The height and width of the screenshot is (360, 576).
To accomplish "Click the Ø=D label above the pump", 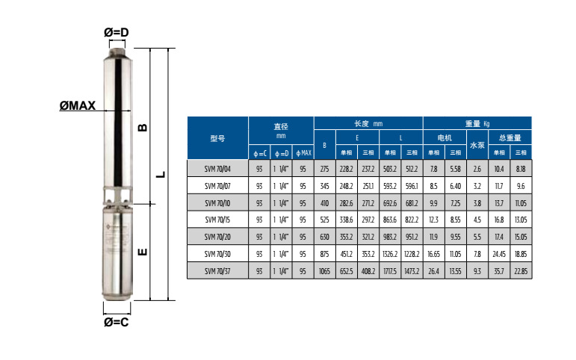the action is (x=116, y=32).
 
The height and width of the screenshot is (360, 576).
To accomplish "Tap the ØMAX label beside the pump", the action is (x=78, y=106).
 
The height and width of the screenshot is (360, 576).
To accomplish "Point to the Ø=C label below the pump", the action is (x=116, y=322).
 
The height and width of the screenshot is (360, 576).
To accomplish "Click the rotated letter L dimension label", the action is (x=161, y=175).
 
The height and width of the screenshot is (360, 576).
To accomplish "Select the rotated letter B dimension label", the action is (x=143, y=128).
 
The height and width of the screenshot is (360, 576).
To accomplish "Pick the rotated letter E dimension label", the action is (x=143, y=252).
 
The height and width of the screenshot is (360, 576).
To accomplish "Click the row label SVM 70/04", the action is (x=217, y=169).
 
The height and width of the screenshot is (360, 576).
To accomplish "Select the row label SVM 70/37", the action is (x=217, y=271).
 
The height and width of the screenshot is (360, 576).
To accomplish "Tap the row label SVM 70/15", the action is (x=217, y=220).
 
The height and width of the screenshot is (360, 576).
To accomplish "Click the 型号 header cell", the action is (x=217, y=138).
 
